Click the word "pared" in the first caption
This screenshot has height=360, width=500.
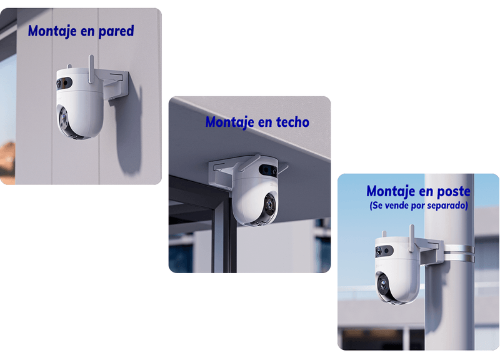pyautogui.click(x=116, y=31)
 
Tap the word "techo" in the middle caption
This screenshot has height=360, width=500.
pyautogui.click(x=292, y=122)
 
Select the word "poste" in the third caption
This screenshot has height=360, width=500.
pyautogui.click(x=454, y=191)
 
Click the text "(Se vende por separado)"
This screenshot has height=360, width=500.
pyautogui.click(x=419, y=206)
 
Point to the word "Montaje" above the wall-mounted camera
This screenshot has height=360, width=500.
pyautogui.click(x=52, y=31)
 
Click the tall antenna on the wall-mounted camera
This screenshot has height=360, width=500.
pyautogui.click(x=91, y=69)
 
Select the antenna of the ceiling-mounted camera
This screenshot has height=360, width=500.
pyautogui.click(x=251, y=162)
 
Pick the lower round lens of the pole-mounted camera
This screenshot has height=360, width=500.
pyautogui.click(x=383, y=284)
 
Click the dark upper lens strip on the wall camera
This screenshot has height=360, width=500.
pyautogui.click(x=64, y=83)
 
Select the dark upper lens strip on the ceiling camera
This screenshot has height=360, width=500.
pyautogui.click(x=268, y=170)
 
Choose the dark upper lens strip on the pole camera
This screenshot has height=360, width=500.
pyautogui.click(x=384, y=251)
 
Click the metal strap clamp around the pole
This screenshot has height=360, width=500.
pyautogui.click(x=459, y=254)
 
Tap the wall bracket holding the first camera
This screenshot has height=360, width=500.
pyautogui.click(x=116, y=84)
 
